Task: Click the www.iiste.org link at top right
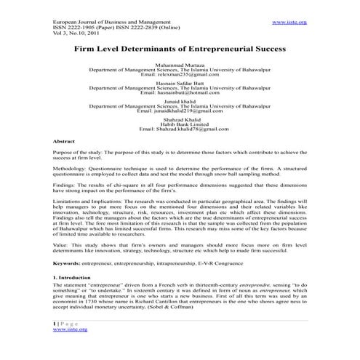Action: coord(289,23)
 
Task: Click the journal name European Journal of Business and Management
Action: coord(110,23)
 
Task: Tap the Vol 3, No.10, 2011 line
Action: coord(75,33)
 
